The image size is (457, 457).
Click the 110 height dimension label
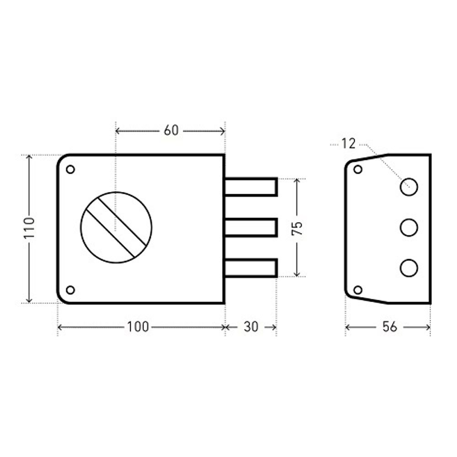tap(29, 228)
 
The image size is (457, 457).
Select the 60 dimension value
tap(171, 130)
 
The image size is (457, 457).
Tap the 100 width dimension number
tap(138, 327)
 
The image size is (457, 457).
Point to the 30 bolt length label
tap(251, 327)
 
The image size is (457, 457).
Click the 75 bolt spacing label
tap(297, 228)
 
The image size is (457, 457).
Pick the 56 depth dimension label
tap(390, 327)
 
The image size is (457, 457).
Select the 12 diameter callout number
tap(349, 143)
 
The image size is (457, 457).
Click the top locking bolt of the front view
tap(250, 187)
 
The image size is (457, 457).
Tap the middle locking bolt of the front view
tap(250, 227)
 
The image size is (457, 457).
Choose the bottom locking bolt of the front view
tap(250, 268)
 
